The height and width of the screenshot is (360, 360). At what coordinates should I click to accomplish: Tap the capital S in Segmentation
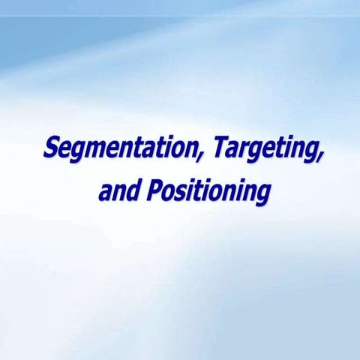point(51,147)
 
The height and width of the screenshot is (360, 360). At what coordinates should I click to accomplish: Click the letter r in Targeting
point(245,148)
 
